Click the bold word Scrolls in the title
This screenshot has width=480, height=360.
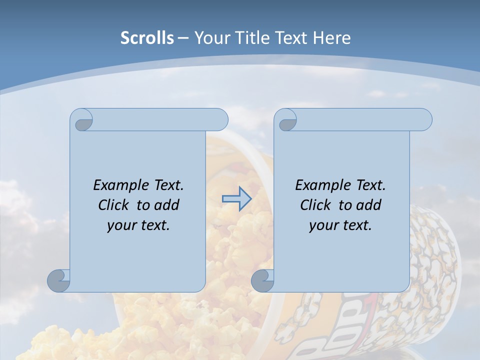[x=147, y=38]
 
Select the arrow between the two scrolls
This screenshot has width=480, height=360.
[x=236, y=198]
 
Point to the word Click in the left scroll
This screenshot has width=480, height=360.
[x=112, y=205]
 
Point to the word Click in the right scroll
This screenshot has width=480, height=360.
[x=314, y=205]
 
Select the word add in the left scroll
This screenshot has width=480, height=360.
[x=167, y=205]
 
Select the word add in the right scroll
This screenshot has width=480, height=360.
[x=369, y=205]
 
